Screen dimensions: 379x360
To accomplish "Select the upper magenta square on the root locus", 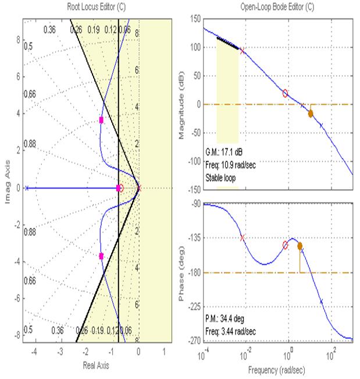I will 101,120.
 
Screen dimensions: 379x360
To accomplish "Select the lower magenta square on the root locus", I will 101,256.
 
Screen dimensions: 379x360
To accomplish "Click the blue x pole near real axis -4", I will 27,188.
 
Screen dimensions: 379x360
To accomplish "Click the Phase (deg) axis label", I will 181,272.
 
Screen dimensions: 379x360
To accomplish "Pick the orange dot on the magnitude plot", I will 311,114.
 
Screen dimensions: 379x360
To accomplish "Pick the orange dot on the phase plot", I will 300,246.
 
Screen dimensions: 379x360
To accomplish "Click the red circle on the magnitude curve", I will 286,93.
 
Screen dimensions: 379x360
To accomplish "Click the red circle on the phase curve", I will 286,245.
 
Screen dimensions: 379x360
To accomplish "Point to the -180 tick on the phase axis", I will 194,272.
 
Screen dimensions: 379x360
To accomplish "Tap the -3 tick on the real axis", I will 59,352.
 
